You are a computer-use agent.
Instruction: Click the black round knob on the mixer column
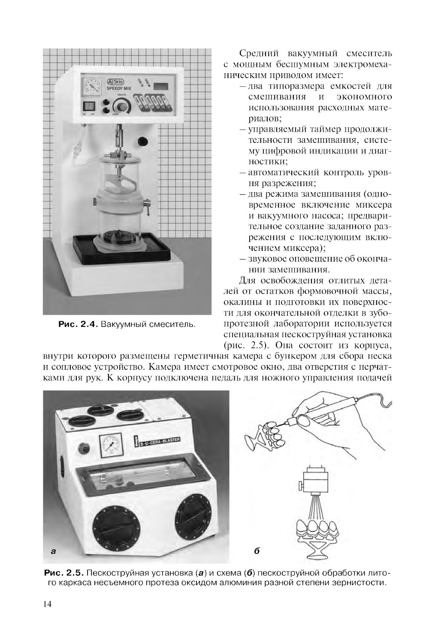142,142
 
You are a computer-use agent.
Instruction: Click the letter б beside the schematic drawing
256,551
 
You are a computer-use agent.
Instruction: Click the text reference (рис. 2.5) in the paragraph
245,345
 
